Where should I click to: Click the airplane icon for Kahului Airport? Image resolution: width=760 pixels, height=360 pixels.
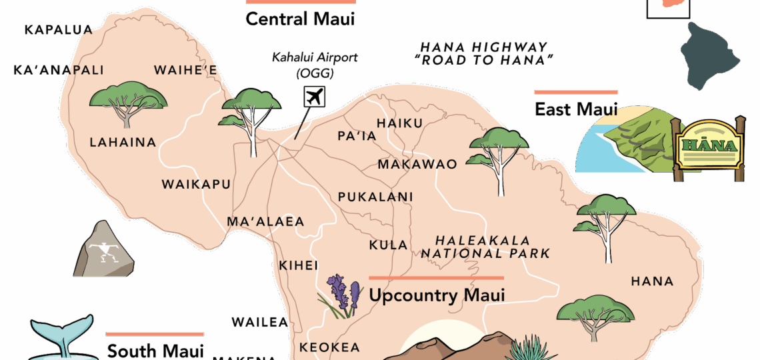click(314, 97)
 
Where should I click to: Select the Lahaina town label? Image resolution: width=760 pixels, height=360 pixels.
click(123, 142)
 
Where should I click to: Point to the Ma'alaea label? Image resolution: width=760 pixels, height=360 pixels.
click(265, 221)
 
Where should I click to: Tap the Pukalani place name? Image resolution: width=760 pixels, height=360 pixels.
click(375, 197)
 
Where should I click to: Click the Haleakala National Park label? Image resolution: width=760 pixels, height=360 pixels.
click(485, 247)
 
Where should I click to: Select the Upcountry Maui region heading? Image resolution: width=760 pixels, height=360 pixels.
click(437, 295)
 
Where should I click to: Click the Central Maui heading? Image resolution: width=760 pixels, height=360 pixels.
click(300, 19)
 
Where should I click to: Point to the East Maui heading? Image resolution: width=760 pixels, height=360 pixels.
click(576, 109)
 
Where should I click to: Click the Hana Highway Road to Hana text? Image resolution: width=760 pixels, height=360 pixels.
click(483, 53)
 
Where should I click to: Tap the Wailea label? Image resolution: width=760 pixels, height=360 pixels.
click(259, 323)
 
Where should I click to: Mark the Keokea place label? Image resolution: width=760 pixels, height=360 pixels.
click(329, 347)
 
